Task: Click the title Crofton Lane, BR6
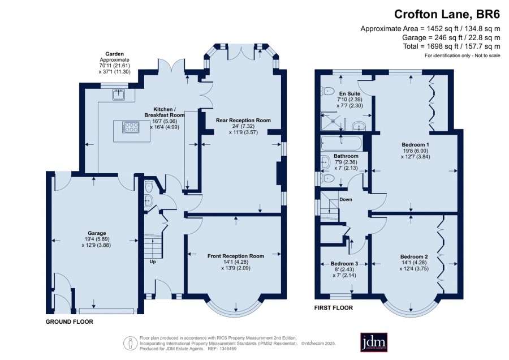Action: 447,14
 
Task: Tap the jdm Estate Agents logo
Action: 374,342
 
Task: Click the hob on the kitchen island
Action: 131,127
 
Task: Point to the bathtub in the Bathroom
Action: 341,143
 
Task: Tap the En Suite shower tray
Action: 332,121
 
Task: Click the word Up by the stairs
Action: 153,262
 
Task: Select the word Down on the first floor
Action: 346,199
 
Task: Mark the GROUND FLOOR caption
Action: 69,322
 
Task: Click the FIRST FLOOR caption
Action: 333,308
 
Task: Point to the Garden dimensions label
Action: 115,63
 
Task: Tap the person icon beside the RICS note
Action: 130,343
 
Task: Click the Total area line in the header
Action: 451,46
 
